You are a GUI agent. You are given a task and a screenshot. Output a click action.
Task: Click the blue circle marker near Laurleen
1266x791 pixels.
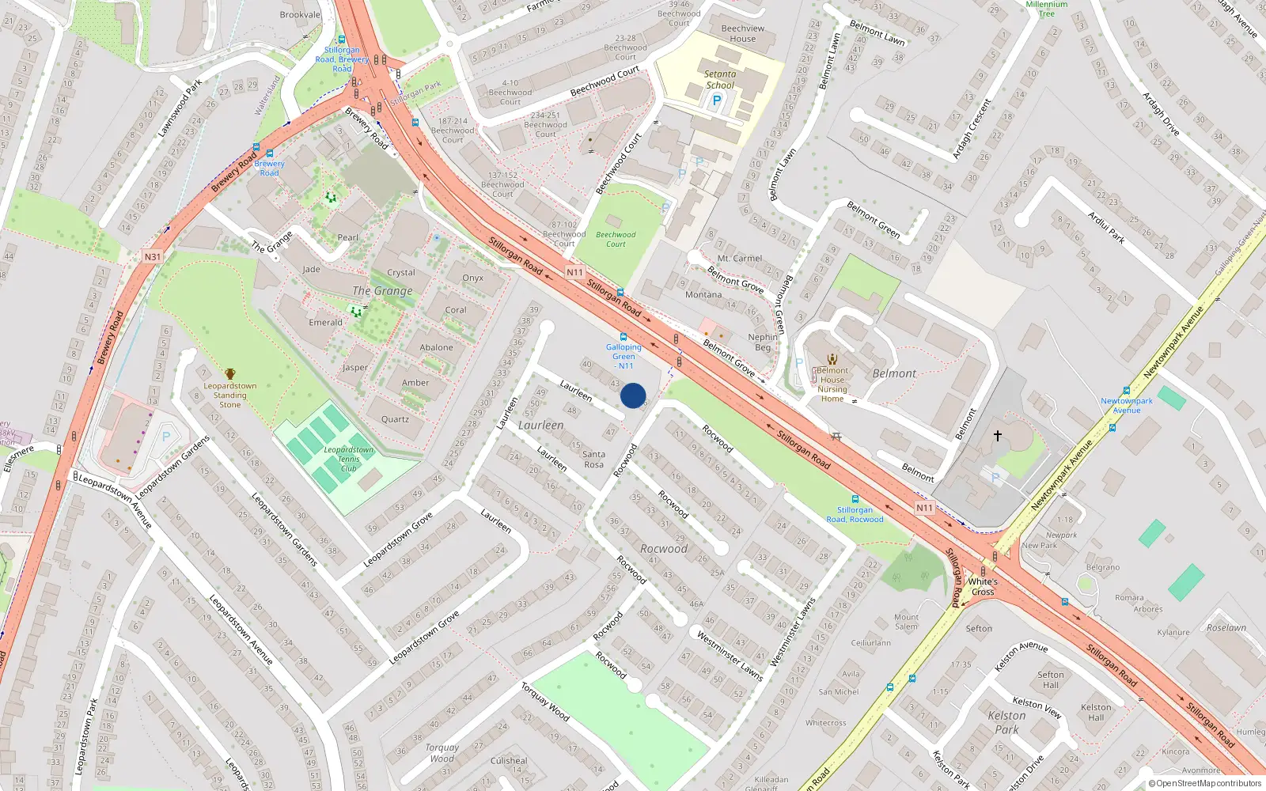pyautogui.click(x=633, y=395)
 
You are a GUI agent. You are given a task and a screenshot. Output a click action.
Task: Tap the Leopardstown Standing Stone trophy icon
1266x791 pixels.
pyautogui.click(x=230, y=374)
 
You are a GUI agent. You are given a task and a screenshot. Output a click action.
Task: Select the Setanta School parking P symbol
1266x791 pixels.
pyautogui.click(x=717, y=100)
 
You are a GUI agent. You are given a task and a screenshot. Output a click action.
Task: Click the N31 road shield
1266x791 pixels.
pyautogui.click(x=153, y=256)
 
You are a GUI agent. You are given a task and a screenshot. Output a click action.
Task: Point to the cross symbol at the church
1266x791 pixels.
pyautogui.click(x=998, y=436)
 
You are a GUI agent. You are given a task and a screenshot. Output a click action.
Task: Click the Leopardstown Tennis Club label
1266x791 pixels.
pyautogui.click(x=348, y=459)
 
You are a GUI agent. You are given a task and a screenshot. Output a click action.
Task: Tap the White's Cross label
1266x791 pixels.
pyautogui.click(x=983, y=586)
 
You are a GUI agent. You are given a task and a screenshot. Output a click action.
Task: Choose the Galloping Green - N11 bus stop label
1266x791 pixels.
pyautogui.click(x=624, y=357)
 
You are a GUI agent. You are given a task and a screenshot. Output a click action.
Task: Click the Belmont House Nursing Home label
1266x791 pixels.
pyautogui.click(x=832, y=384)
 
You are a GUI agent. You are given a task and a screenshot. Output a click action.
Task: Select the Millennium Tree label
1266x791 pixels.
pyautogui.click(x=1047, y=9)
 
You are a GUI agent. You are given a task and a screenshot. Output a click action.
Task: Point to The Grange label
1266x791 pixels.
pyautogui.click(x=382, y=291)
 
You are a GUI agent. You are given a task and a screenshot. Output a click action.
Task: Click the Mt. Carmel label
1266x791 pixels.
pyautogui.click(x=740, y=259)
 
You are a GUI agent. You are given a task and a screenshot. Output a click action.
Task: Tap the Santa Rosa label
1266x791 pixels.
pyautogui.click(x=593, y=460)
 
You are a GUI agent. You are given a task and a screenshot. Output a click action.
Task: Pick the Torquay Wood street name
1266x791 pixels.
pyautogui.click(x=545, y=701)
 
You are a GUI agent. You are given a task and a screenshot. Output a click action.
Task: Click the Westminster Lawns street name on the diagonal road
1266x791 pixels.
pyautogui.click(x=730, y=655)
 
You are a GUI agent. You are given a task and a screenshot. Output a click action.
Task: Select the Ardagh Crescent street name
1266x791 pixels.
pyautogui.click(x=972, y=129)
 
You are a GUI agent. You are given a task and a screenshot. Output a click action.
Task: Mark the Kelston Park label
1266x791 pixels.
pyautogui.click(x=1006, y=722)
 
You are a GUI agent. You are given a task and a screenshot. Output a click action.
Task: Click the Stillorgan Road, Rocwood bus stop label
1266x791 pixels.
pyautogui.click(x=855, y=515)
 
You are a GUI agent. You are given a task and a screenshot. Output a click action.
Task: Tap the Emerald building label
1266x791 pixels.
pyautogui.click(x=325, y=323)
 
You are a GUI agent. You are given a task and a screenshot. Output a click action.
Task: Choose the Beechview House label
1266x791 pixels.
pyautogui.click(x=743, y=33)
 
